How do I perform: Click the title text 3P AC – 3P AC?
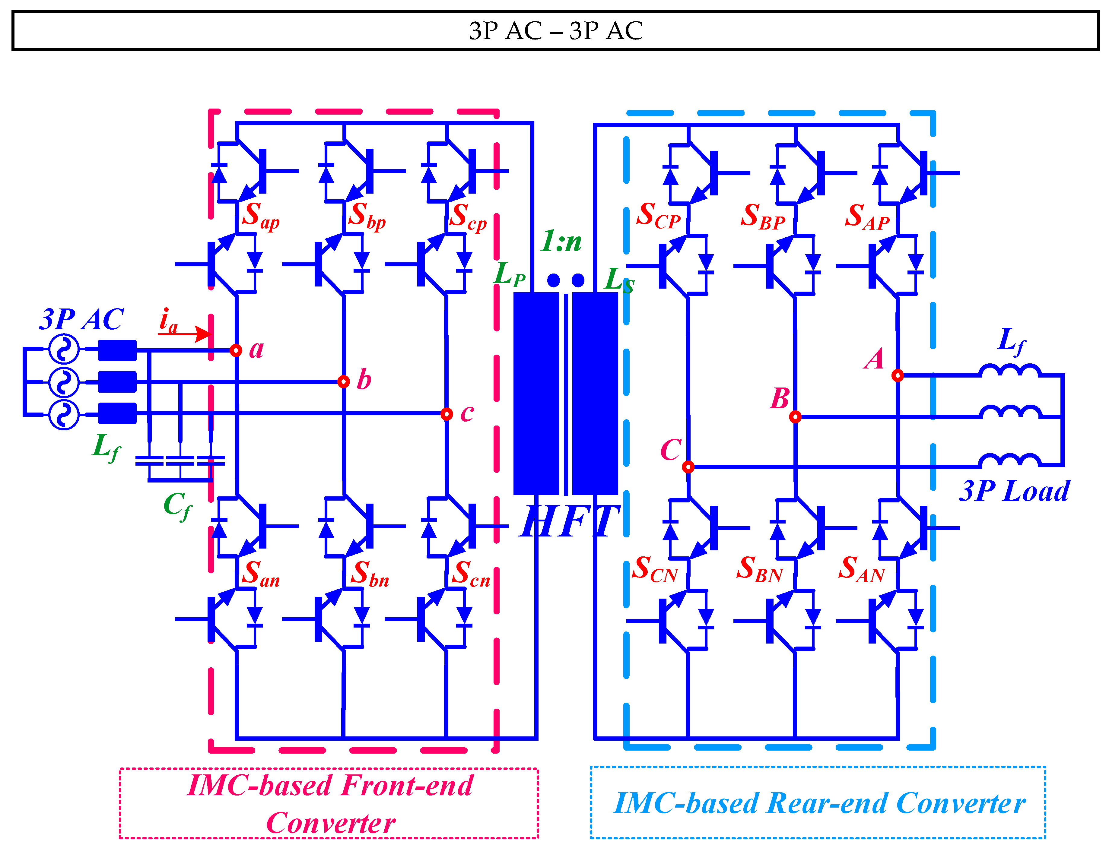coord(555,31)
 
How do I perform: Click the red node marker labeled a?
coord(236,350)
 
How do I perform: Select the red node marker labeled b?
coord(343,381)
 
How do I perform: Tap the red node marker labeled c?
coord(447,414)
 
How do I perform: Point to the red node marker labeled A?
coord(898,375)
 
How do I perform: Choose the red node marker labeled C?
coord(688,467)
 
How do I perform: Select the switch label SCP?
coord(658,216)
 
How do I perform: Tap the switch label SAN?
coord(862,569)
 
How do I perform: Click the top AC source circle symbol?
coord(64,349)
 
